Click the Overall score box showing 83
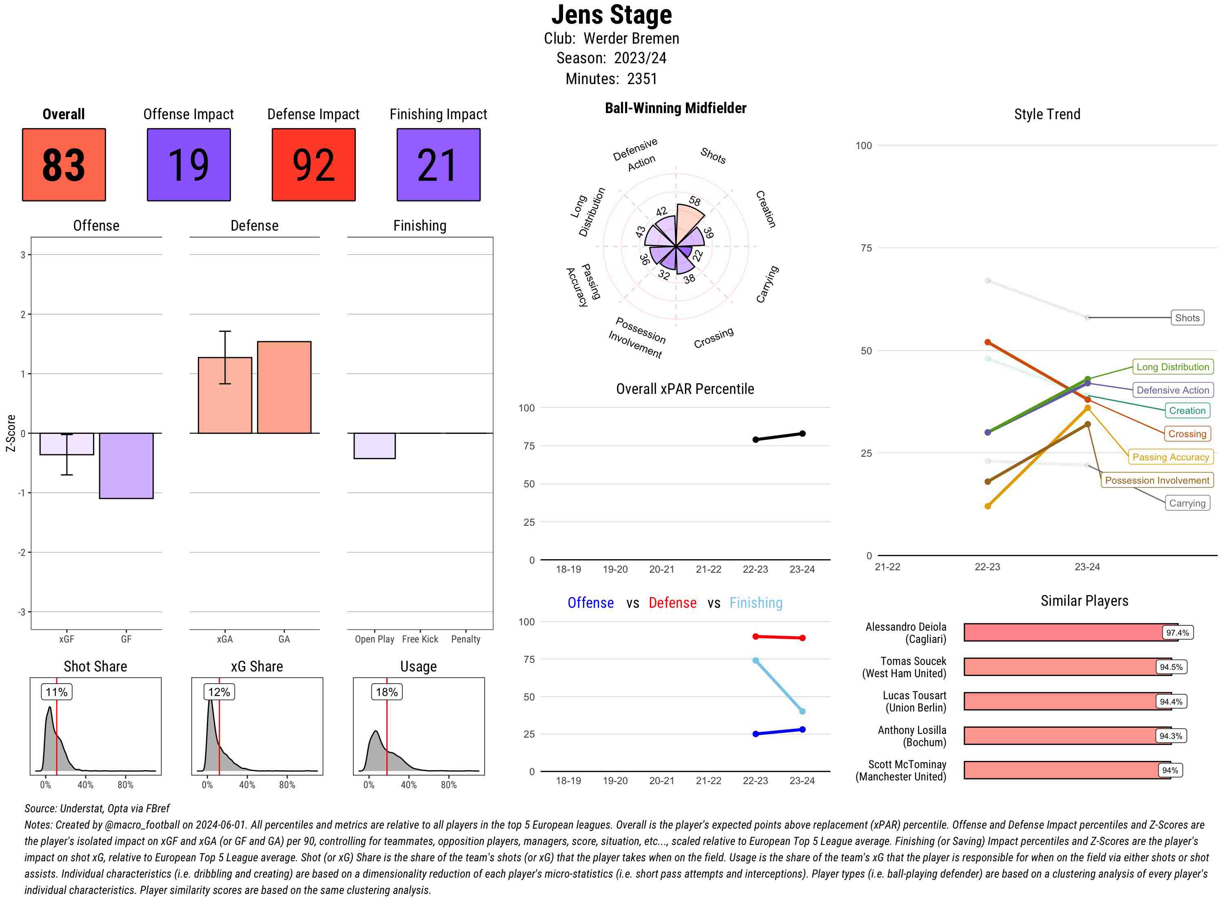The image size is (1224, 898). point(64,165)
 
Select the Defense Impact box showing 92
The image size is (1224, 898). point(313,165)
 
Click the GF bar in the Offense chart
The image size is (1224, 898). point(126,465)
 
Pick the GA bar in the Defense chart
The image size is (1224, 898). point(284,387)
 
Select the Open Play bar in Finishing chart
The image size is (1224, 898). point(374,446)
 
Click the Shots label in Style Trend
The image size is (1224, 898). point(1186,318)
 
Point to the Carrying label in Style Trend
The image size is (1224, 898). point(1186,503)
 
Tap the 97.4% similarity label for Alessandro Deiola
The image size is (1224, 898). point(1177,633)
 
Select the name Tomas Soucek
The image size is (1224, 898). point(913,661)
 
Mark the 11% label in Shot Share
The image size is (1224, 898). point(56,692)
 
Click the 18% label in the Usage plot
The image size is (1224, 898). point(386,692)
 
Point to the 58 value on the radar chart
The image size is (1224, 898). point(694,201)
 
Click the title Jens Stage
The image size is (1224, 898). point(612,15)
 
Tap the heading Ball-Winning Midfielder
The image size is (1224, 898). point(675,108)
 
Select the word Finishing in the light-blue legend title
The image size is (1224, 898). point(756,603)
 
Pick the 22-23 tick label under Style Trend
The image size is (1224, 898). point(987,567)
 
